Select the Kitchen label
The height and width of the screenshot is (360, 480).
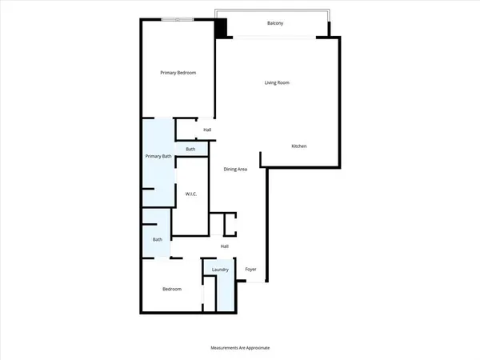299,146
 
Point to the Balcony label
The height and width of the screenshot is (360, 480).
278,23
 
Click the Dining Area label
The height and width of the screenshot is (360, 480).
234,168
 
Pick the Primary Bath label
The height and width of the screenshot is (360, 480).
158,156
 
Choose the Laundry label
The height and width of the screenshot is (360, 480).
220,270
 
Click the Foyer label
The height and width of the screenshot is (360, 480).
250,270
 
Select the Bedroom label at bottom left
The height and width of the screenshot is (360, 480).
172,289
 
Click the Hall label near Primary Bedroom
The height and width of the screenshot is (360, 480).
207,130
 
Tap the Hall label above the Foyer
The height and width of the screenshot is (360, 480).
226,246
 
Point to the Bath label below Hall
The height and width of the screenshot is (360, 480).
190,149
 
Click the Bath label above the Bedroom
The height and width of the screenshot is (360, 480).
158,239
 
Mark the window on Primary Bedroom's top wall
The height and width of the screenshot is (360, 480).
175,19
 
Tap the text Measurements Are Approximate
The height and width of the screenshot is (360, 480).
240,348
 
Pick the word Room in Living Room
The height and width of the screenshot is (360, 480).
288,82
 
